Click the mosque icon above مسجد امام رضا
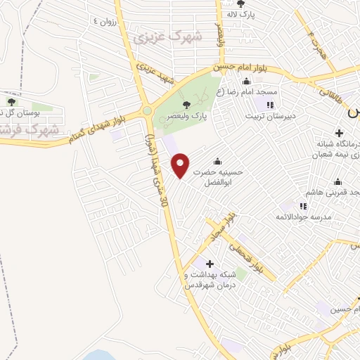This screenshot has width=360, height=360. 246,80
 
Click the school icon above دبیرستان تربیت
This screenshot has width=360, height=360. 269,105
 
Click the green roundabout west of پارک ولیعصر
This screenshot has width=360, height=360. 147,110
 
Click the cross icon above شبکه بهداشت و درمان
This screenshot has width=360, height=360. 209,264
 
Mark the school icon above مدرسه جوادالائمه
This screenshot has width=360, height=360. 304,206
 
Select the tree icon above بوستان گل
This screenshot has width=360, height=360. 10,94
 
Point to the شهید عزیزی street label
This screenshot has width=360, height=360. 155,75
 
